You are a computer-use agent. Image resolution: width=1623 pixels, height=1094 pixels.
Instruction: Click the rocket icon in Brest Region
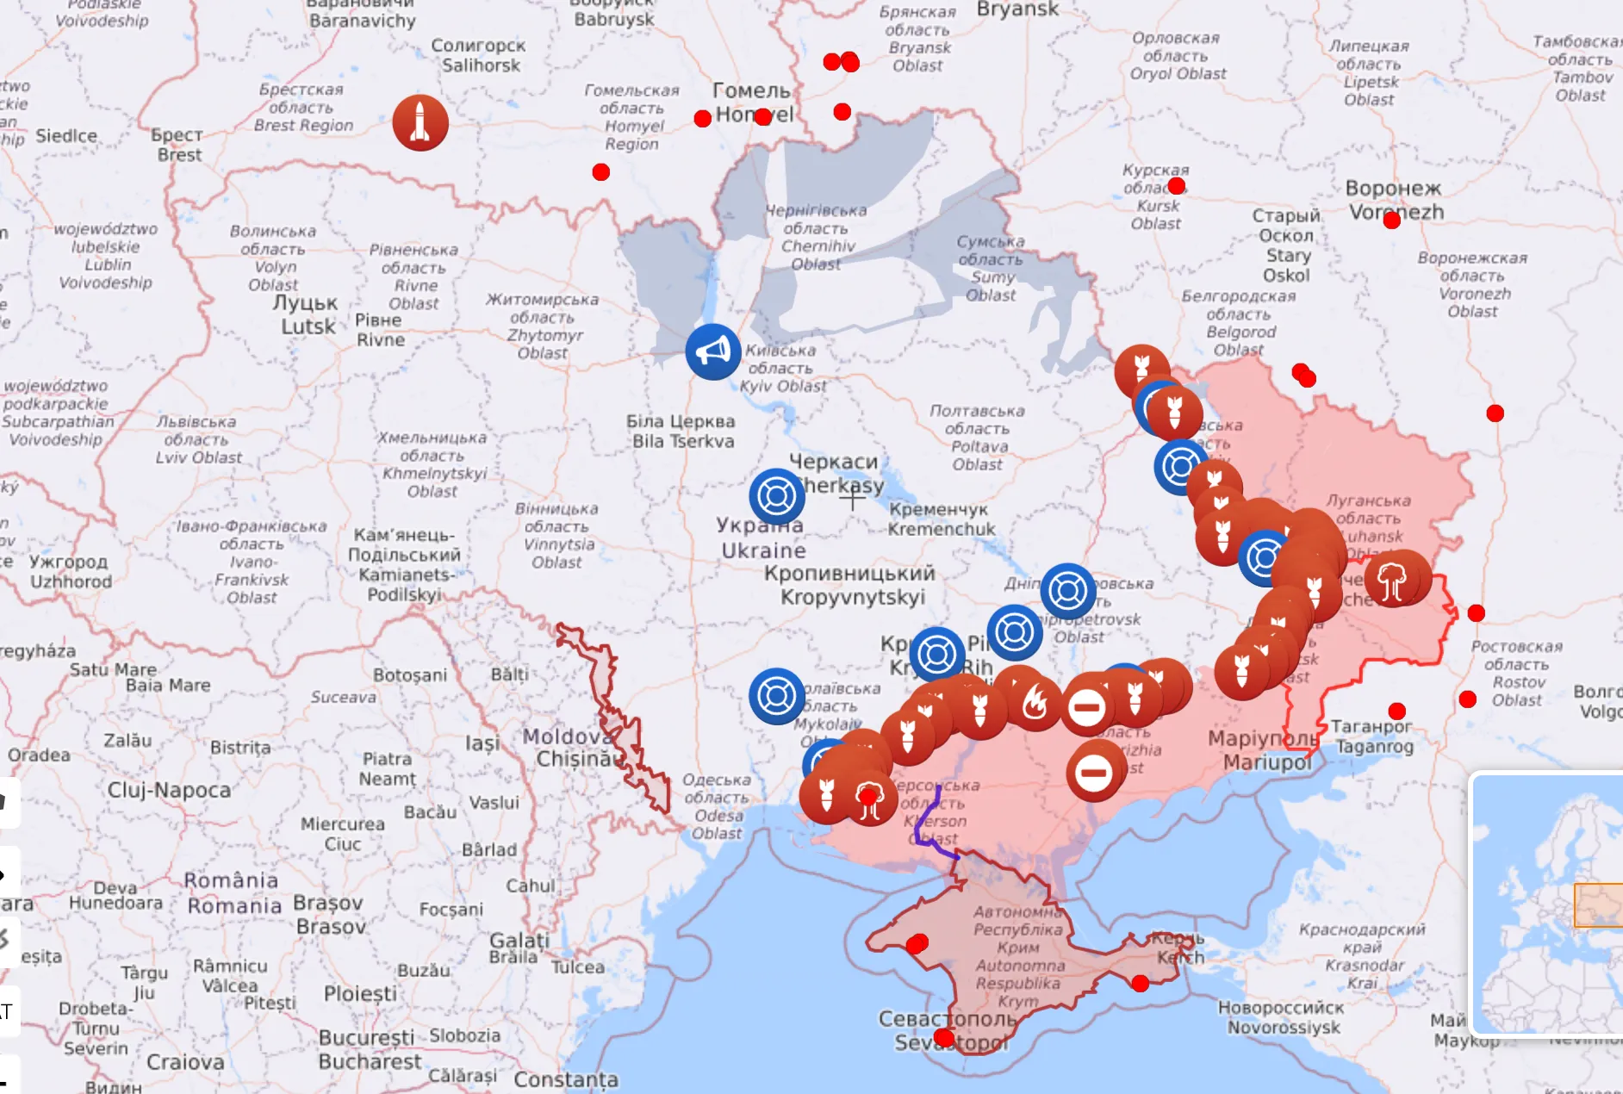tap(420, 123)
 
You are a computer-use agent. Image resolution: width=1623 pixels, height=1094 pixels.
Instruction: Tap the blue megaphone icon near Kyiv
tap(713, 351)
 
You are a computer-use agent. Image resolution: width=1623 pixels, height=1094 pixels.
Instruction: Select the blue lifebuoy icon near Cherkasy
tap(777, 496)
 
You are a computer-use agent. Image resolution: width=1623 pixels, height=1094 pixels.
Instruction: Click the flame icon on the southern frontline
tap(1034, 703)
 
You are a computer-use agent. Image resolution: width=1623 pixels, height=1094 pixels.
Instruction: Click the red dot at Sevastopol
tap(944, 1037)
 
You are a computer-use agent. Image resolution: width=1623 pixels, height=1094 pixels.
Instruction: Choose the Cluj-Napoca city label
tap(169, 790)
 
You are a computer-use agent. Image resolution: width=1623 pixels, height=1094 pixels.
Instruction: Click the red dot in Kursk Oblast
tap(1177, 186)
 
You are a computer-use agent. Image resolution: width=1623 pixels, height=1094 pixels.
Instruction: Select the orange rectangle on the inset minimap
tap(1598, 904)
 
